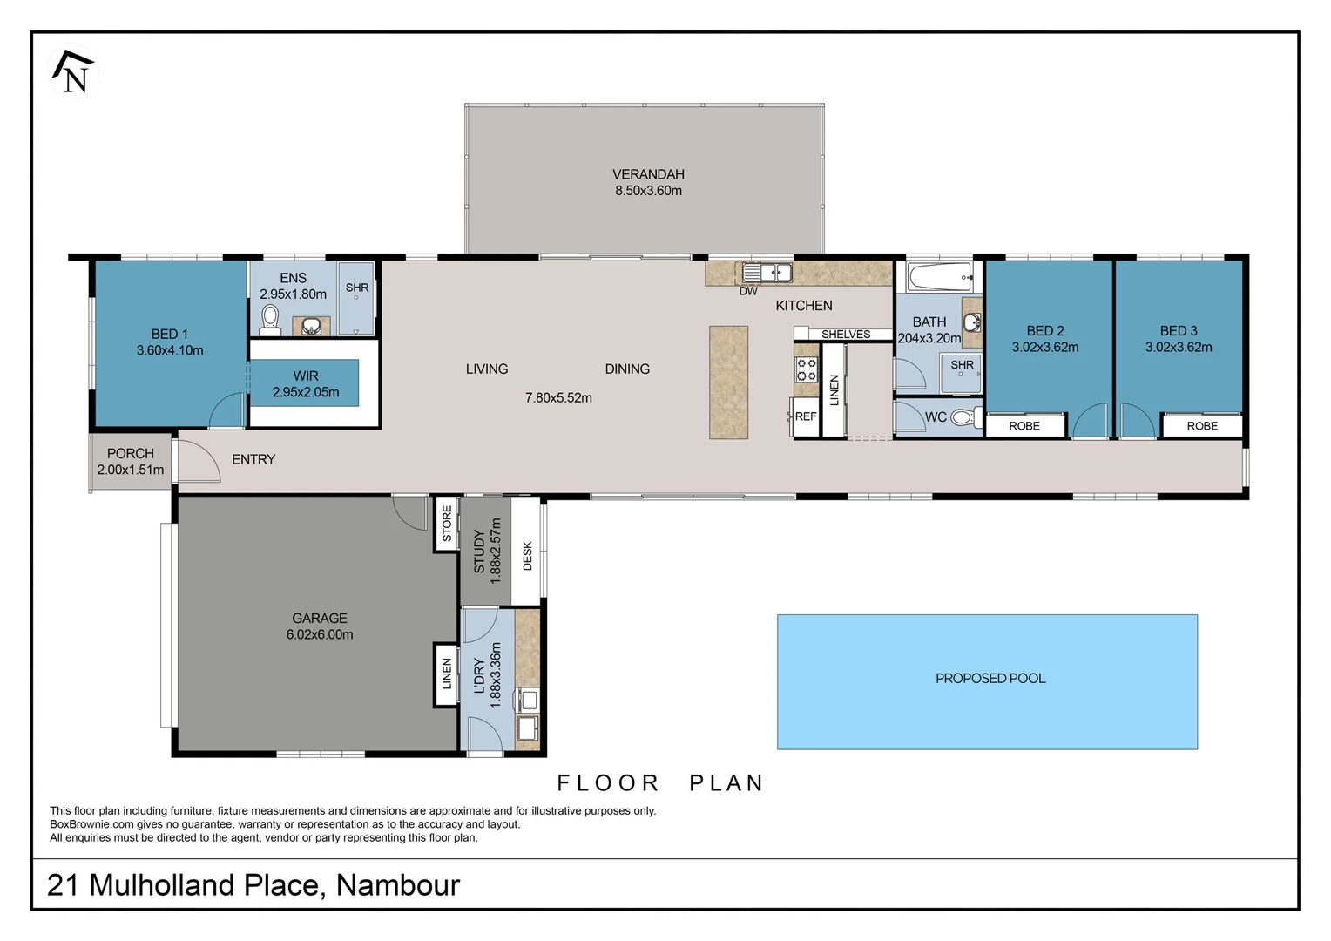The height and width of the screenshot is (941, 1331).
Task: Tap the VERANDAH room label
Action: [x=648, y=174]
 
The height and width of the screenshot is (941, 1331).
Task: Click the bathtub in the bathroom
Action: [x=939, y=277]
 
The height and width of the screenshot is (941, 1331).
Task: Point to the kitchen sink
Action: [x=767, y=273]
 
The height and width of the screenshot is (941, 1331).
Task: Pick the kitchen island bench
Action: [x=728, y=382]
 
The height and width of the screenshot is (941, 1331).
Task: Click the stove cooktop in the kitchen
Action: [x=807, y=369]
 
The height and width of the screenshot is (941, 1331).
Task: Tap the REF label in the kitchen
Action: [x=806, y=416]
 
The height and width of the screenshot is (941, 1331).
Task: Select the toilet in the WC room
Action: [x=966, y=417]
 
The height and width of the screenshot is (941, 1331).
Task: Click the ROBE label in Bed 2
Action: [x=1024, y=426]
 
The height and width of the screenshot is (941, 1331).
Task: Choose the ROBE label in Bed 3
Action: [x=1202, y=426]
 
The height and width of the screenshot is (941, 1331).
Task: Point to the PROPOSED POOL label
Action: [x=990, y=678]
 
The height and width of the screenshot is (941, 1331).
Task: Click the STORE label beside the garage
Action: [x=447, y=523]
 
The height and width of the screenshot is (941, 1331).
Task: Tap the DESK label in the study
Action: [x=527, y=556]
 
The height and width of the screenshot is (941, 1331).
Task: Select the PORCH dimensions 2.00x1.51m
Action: [x=131, y=470]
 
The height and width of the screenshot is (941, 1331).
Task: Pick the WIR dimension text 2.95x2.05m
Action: [x=306, y=392]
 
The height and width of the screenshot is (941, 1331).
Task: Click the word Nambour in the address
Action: [x=398, y=885]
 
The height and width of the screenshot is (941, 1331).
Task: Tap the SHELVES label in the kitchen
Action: [x=846, y=334]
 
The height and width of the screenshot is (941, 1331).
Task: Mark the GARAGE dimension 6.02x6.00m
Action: [x=320, y=634]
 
